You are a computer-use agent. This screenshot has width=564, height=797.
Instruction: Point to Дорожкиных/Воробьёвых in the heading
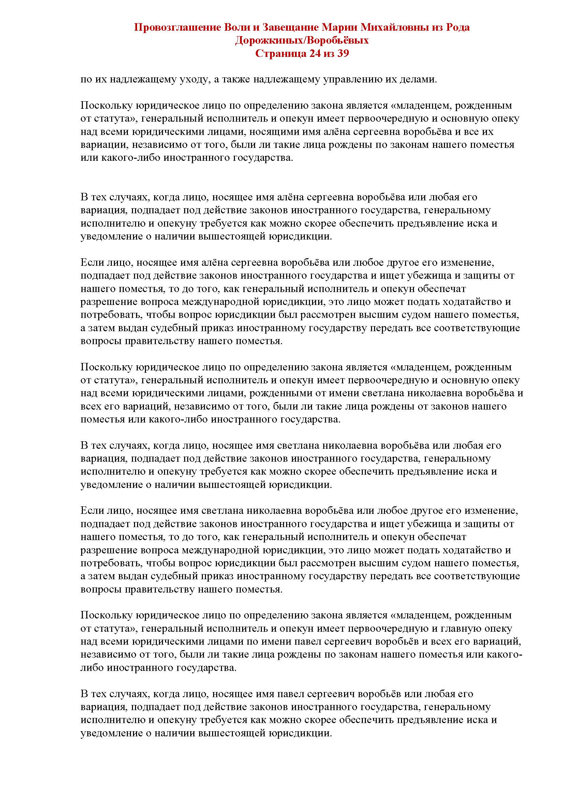coord(301,40)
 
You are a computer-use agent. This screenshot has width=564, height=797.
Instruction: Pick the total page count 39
coord(342,53)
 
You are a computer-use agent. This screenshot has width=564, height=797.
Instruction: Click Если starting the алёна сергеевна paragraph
coord(90,262)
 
